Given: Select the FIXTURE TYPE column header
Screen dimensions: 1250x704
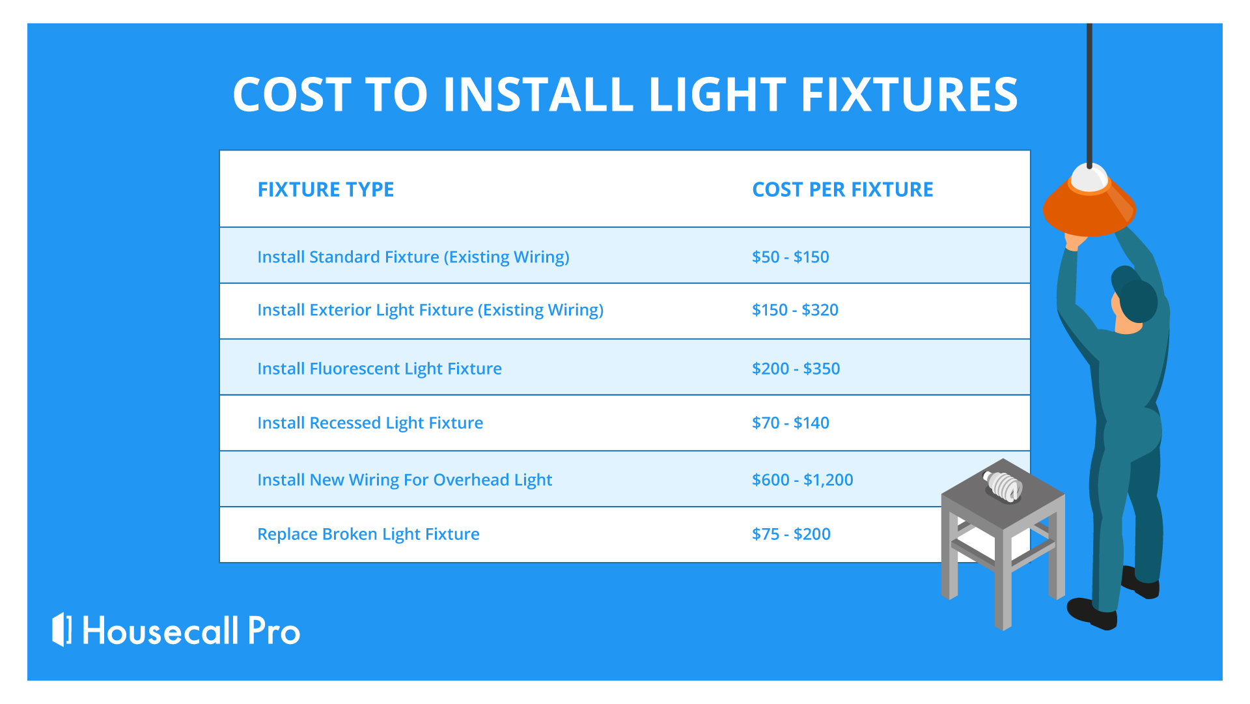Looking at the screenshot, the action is coord(326,190).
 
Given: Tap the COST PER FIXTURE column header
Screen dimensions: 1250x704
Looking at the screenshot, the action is coord(842,190).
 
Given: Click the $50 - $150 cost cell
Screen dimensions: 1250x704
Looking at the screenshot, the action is coord(790,257).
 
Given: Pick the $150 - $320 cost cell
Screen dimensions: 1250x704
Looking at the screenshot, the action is coord(795,309).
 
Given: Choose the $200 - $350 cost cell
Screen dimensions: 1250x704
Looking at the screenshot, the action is coord(796,369).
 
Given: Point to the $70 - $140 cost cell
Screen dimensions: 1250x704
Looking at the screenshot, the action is coord(790,423).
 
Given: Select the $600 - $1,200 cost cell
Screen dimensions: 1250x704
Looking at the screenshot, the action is coord(802,480).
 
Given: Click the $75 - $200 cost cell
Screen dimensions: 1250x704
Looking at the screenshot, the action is coord(791,534).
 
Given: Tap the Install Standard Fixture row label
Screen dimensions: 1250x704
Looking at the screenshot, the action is coord(413,257).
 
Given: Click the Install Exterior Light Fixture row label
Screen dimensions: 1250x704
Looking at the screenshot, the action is coord(430,310).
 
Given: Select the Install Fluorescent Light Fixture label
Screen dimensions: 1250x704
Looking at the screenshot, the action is coord(380,369).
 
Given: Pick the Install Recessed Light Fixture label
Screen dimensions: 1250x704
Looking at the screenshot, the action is coord(370,423).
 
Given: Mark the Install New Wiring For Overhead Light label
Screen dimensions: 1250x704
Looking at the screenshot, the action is coord(404,480).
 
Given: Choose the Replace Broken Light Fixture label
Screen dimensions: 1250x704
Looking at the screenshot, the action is coord(368,534).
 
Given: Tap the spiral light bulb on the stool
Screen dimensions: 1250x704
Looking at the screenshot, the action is coord(1003,486).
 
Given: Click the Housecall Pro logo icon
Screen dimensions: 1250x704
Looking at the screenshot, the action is coord(61,629).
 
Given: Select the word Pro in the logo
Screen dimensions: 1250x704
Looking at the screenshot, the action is coord(274,631).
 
